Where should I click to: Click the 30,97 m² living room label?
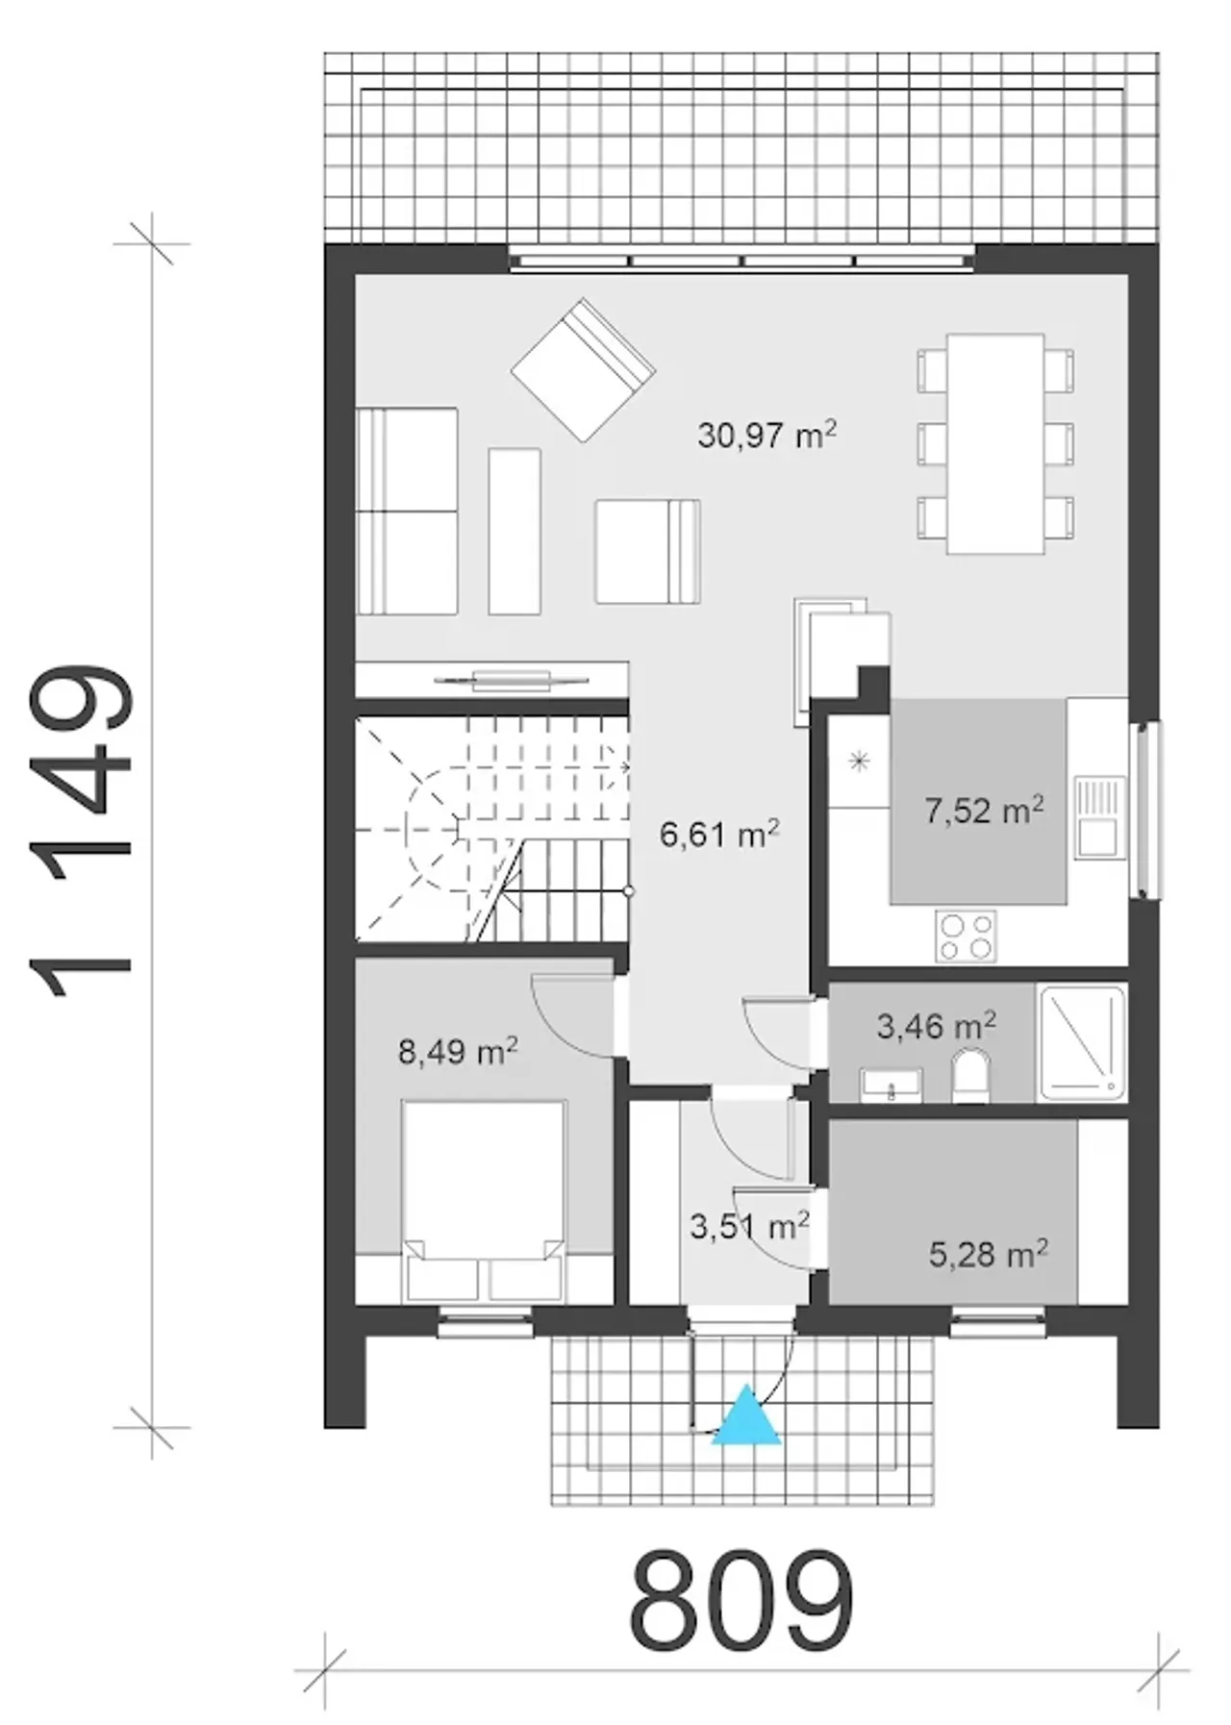766,436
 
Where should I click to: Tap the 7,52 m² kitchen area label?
984,810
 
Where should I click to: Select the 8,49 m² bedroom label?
459,1051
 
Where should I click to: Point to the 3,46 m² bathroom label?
936,1026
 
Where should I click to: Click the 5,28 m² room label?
989,1253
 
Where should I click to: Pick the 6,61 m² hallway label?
718,834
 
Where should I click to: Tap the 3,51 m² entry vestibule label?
750,1225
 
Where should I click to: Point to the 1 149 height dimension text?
81,832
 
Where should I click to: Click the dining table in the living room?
995,443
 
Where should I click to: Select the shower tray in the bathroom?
1082,1042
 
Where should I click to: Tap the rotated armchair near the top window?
583,370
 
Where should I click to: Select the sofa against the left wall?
407,511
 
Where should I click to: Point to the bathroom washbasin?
891,1085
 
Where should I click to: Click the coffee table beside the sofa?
515,531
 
